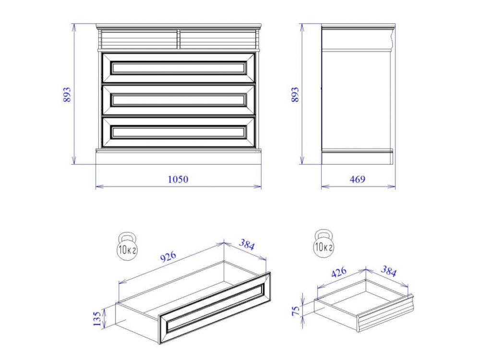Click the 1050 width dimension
pos(178,179)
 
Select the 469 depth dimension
pos(358,179)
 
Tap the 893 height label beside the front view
pos(67,95)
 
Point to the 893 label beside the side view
pos(295,95)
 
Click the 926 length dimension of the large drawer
pos(168,256)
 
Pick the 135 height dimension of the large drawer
pos(97,319)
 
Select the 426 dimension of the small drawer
pos(339,272)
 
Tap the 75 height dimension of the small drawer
pos(296,311)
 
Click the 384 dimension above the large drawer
pos(247,244)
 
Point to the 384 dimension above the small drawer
pos(388,271)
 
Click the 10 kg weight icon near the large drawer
pos(127,247)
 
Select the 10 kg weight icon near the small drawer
pos(324,244)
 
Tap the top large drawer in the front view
pos(179,68)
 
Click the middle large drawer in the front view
pos(179,100)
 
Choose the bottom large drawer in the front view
pos(179,132)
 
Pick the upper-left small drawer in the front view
pos(139,39)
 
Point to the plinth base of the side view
pos(357,157)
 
